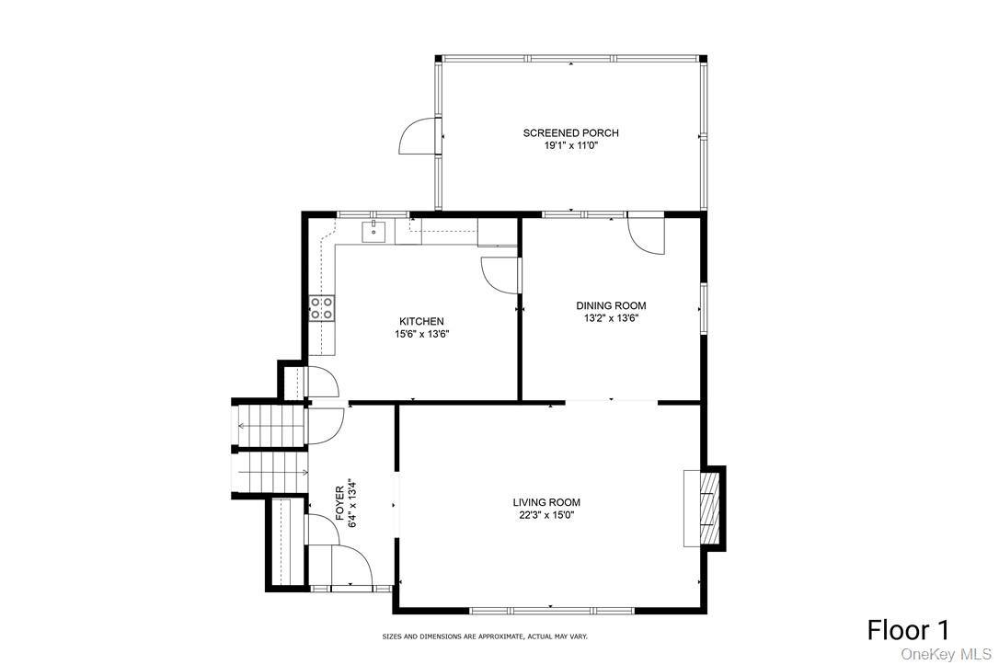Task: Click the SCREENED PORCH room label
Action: pyautogui.click(x=570, y=133)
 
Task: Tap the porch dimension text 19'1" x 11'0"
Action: pyautogui.click(x=570, y=145)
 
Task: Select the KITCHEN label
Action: pyautogui.click(x=421, y=321)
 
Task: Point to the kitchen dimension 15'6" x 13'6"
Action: pyautogui.click(x=421, y=334)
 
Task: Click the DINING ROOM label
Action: pyautogui.click(x=611, y=305)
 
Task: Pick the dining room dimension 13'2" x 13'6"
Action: pyautogui.click(x=611, y=318)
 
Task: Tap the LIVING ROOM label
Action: pyautogui.click(x=546, y=502)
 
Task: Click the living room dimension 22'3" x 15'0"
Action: pyautogui.click(x=546, y=515)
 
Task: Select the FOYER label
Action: pyautogui.click(x=340, y=503)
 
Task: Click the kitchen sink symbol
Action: pyautogui.click(x=375, y=230)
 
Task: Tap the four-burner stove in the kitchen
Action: pyautogui.click(x=321, y=308)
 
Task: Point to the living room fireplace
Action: pyautogui.click(x=705, y=509)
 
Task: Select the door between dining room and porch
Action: pyautogui.click(x=646, y=234)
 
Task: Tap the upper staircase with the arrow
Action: pyautogui.click(x=270, y=426)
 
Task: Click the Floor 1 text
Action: pyautogui.click(x=908, y=630)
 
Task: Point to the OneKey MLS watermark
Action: pyautogui.click(x=947, y=654)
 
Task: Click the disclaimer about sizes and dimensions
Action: pyautogui.click(x=485, y=636)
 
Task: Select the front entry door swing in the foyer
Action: pyautogui.click(x=351, y=564)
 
